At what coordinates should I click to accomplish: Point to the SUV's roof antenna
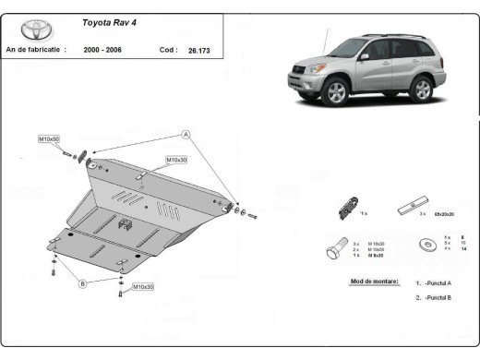tap(325, 40)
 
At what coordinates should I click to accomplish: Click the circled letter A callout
tap(185, 135)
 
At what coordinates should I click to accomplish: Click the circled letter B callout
tap(82, 283)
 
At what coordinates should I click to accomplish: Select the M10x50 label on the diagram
tap(49, 138)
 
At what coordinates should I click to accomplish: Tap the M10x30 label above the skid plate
tap(175, 160)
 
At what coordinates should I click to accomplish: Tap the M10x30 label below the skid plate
tap(142, 287)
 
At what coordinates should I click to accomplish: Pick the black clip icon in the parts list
tap(345, 209)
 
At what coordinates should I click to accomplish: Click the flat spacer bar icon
tap(411, 206)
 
